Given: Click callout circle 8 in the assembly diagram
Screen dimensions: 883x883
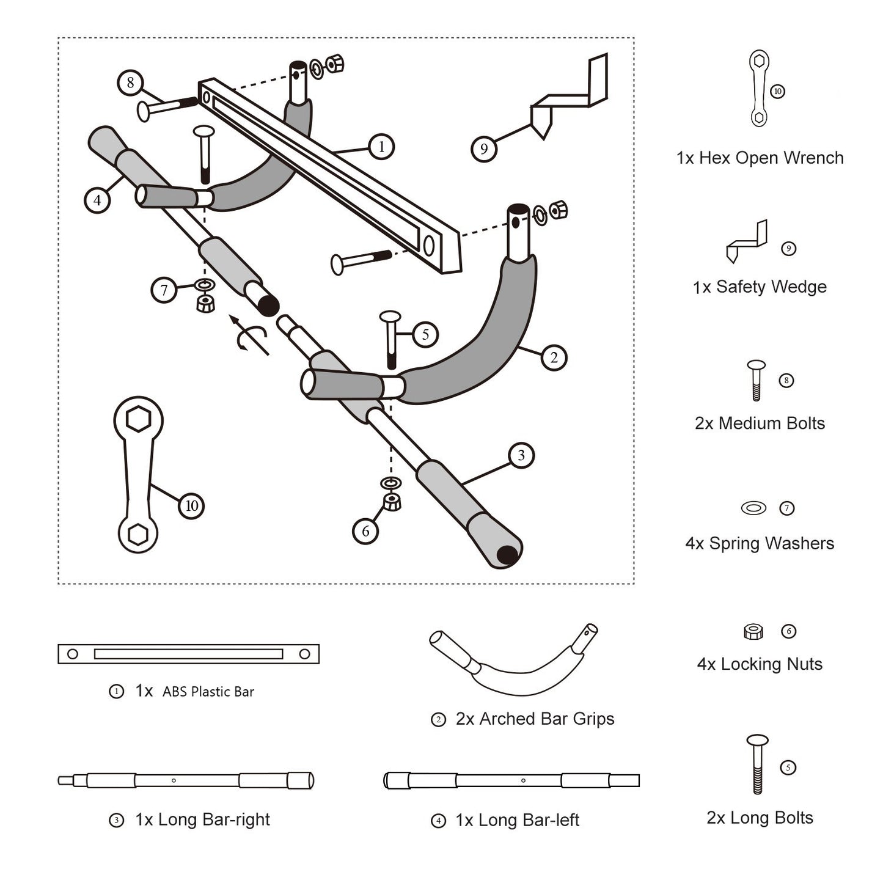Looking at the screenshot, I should (130, 82).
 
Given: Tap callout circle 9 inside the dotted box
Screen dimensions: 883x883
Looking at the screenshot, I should (483, 148).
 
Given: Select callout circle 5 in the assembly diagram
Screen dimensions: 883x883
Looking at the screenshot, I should (425, 334).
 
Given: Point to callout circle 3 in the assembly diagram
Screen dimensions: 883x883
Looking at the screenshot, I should (521, 455).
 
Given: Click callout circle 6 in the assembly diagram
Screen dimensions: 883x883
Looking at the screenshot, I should (365, 531).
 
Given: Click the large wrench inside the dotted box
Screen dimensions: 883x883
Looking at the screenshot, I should (138, 474).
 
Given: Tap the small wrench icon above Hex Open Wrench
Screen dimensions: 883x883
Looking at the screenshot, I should (758, 89).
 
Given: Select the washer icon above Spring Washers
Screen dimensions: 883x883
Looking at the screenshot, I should (753, 508).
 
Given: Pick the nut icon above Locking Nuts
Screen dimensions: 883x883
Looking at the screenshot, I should (753, 631).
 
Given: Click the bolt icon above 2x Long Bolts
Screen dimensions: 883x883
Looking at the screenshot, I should (758, 764).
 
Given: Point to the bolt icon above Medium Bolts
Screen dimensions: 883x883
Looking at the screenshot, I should (757, 380).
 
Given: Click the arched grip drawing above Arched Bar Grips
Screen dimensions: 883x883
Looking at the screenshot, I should (513, 663).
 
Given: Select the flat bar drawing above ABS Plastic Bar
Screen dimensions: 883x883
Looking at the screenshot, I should (188, 654).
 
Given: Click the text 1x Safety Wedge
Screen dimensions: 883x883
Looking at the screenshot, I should (760, 287).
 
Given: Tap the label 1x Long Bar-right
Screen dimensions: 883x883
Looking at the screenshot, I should (202, 819).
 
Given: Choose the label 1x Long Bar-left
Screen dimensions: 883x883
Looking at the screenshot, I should (517, 820).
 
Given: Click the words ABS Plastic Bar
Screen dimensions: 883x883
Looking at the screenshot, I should (208, 692).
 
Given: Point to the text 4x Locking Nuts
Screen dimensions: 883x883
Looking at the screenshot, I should (760, 664).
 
